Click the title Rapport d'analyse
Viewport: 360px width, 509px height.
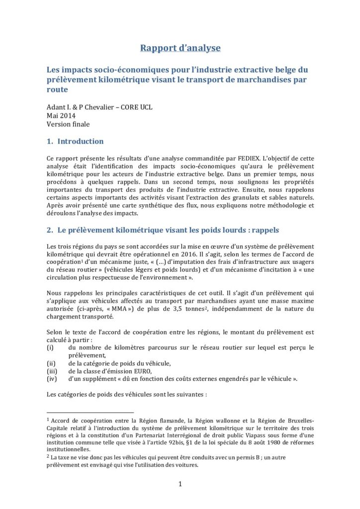tap(180, 48)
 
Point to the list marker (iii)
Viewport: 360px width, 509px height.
tap(52, 371)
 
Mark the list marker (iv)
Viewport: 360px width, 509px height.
tap(52, 379)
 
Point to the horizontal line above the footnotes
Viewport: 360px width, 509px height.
tap(90, 412)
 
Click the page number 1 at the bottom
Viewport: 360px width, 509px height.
tap(180, 484)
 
